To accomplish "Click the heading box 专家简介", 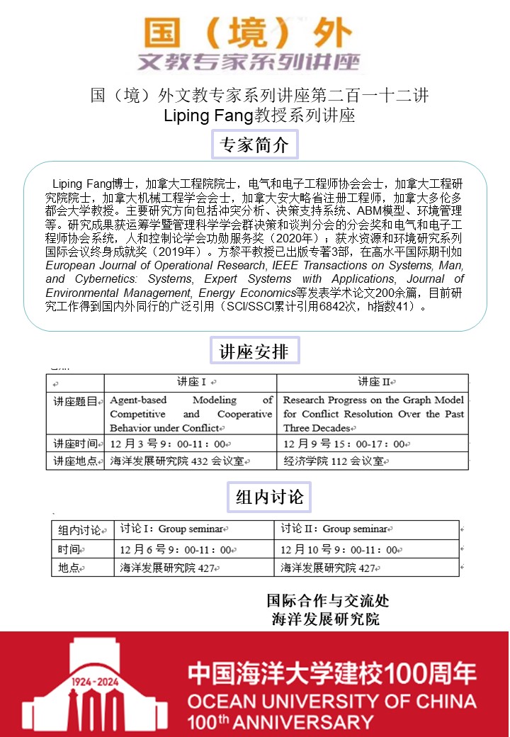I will pyautogui.click(x=255, y=145).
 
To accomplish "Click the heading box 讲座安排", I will pyautogui.click(x=255, y=351).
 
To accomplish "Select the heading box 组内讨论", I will pyautogui.click(x=269, y=497).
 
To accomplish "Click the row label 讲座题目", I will pyautogui.click(x=76, y=402).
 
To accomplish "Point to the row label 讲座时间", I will pyautogui.click(x=76, y=444).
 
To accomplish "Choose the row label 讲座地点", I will pyautogui.click(x=76, y=461).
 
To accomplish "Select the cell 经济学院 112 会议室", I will pyautogui.click(x=334, y=461).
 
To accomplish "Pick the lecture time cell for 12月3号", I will pyautogui.click(x=168, y=444).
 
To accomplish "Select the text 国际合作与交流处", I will pyautogui.click(x=327, y=601).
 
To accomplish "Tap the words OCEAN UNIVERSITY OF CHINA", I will pyautogui.click(x=331, y=702).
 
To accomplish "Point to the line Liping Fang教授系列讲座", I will pyautogui.click(x=259, y=116).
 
